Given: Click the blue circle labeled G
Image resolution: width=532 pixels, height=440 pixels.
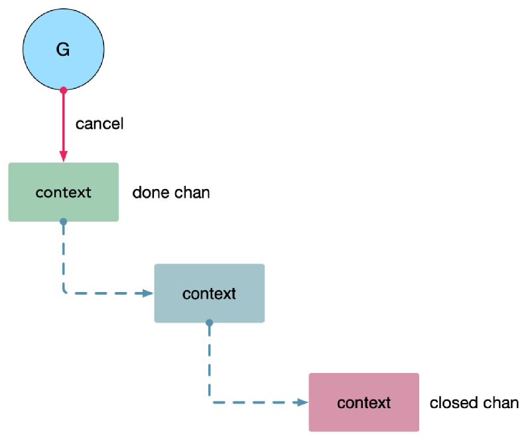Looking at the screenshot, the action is coord(64,50).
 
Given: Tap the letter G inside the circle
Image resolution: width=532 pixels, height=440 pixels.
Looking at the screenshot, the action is coord(63,50).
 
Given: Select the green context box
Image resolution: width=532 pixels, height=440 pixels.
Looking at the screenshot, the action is coord(64,192).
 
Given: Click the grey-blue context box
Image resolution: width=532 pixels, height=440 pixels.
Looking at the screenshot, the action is coord(210,293).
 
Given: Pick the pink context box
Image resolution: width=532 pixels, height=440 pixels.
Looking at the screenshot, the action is coord(364,402).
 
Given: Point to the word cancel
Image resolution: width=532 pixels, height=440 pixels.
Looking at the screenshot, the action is coord(100,124).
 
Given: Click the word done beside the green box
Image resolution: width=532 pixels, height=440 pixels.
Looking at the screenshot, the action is coord(151,192).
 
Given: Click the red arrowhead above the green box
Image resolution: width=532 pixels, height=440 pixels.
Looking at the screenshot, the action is coord(64,156).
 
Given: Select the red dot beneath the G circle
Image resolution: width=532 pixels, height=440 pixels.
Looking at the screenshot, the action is coord(64,90).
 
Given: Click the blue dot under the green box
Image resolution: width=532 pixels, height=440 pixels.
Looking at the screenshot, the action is coord(64,222).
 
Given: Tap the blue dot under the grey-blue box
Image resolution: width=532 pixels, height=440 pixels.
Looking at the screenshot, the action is coord(210,323).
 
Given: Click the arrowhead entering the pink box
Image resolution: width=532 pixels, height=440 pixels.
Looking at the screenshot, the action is coord(302,403).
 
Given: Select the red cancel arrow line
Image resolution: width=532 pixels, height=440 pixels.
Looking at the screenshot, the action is coord(64,126).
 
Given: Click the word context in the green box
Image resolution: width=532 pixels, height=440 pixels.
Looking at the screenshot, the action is coord(64,192).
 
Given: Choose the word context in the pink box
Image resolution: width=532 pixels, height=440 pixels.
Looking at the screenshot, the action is coord(364,403).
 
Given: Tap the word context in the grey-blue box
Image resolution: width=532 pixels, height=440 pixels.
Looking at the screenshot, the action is coord(209,294).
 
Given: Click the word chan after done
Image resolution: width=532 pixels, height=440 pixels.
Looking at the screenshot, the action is coord(192,192).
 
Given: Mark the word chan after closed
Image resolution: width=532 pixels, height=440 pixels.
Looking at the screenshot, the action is coord(501,403).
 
